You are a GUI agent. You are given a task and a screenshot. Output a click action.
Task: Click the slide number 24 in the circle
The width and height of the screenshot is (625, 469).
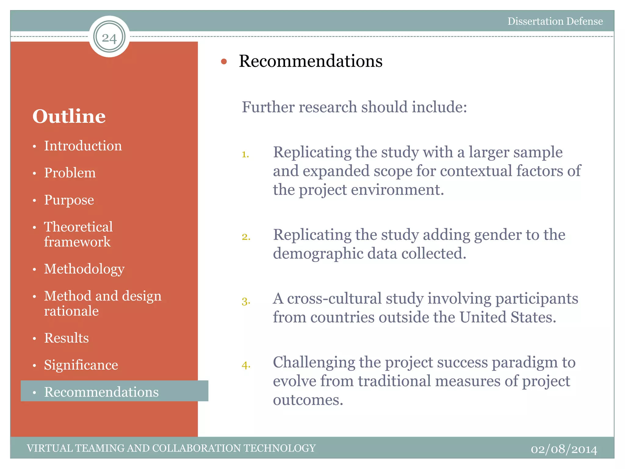click(x=109, y=38)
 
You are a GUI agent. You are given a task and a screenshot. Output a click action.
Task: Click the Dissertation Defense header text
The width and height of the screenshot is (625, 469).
click(x=555, y=21)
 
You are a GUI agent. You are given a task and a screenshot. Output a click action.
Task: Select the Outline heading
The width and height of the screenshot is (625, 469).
click(x=69, y=116)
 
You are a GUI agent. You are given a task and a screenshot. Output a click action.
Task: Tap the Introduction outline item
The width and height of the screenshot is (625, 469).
click(x=83, y=146)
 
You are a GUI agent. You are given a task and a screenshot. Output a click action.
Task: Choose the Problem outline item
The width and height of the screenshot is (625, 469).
click(x=70, y=173)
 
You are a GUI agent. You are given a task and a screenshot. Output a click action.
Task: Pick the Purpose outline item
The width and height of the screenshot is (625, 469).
click(x=69, y=200)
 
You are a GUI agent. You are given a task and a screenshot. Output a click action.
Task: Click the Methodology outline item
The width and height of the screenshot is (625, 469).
click(x=84, y=269)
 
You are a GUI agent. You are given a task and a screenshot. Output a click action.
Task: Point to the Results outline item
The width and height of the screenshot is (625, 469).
click(x=67, y=338)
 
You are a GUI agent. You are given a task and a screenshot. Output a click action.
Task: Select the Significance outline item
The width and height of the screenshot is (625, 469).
click(x=81, y=365)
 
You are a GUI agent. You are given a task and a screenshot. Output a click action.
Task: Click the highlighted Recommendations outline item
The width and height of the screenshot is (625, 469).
click(x=101, y=392)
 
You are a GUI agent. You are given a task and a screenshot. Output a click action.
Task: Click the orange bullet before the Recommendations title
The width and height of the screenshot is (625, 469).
click(x=224, y=62)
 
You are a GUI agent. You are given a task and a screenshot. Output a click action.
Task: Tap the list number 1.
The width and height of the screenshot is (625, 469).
click(x=245, y=155)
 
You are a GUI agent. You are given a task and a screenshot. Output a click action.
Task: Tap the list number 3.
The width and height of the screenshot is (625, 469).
click(x=246, y=302)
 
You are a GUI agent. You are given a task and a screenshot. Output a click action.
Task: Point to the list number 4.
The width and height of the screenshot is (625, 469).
click(x=246, y=365)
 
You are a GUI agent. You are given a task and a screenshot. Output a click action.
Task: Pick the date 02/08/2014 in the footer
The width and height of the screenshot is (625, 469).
click(x=564, y=449)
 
